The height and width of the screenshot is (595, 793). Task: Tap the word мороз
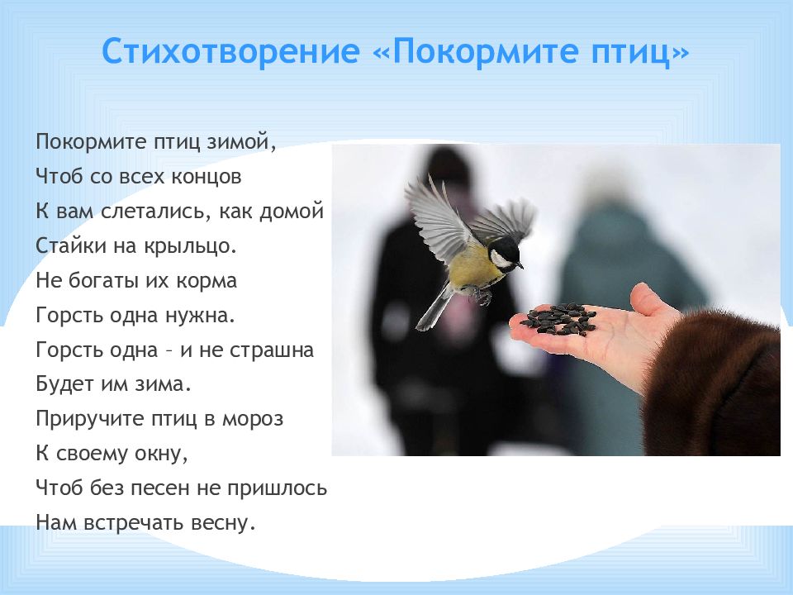point(252,419)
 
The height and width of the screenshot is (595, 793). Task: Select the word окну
point(164,454)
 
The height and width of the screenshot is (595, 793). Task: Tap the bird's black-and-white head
point(503,254)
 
